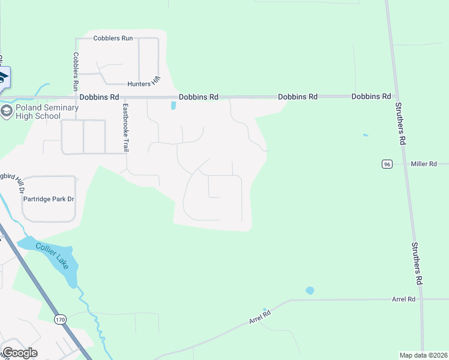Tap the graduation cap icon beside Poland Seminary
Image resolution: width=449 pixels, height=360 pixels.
click(x=7, y=111)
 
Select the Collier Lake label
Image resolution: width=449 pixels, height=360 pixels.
click(x=56, y=256)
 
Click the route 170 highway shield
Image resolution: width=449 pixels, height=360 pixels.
click(x=59, y=320)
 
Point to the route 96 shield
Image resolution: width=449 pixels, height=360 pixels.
click(x=387, y=164)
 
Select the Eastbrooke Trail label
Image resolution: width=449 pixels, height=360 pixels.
click(x=125, y=128)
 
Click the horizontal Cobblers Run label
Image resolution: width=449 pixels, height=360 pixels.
click(x=113, y=38)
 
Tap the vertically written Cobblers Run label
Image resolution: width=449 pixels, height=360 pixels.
click(x=76, y=71)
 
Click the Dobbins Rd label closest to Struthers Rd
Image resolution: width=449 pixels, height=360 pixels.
click(x=371, y=96)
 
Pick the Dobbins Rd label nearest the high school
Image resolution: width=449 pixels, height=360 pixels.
click(x=99, y=97)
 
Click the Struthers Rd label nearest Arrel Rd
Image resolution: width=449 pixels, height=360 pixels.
click(x=416, y=263)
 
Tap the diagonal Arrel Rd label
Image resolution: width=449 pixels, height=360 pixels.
click(x=260, y=317)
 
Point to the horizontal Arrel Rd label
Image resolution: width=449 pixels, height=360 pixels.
click(x=403, y=299)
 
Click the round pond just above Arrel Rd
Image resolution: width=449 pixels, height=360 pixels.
click(x=310, y=290)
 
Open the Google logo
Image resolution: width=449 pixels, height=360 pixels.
click(x=20, y=353)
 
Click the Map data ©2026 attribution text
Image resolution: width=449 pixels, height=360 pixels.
click(x=424, y=355)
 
